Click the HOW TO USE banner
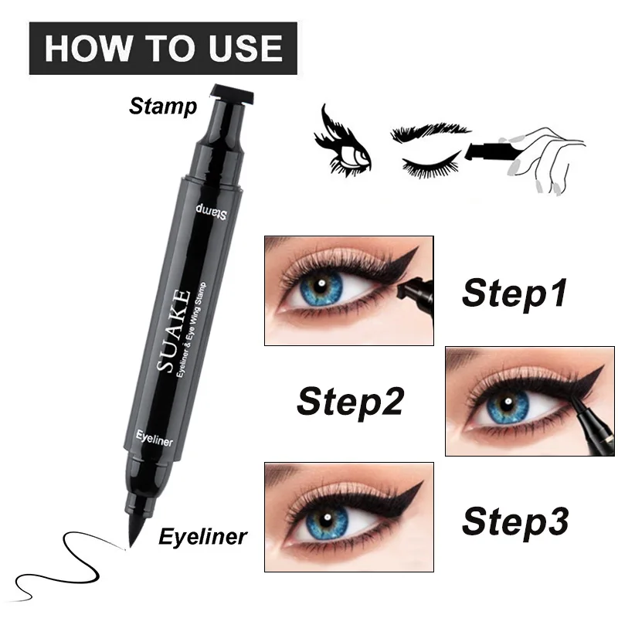162,47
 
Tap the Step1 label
514,294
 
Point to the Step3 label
515,521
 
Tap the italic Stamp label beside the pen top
163,106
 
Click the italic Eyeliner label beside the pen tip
203,535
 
